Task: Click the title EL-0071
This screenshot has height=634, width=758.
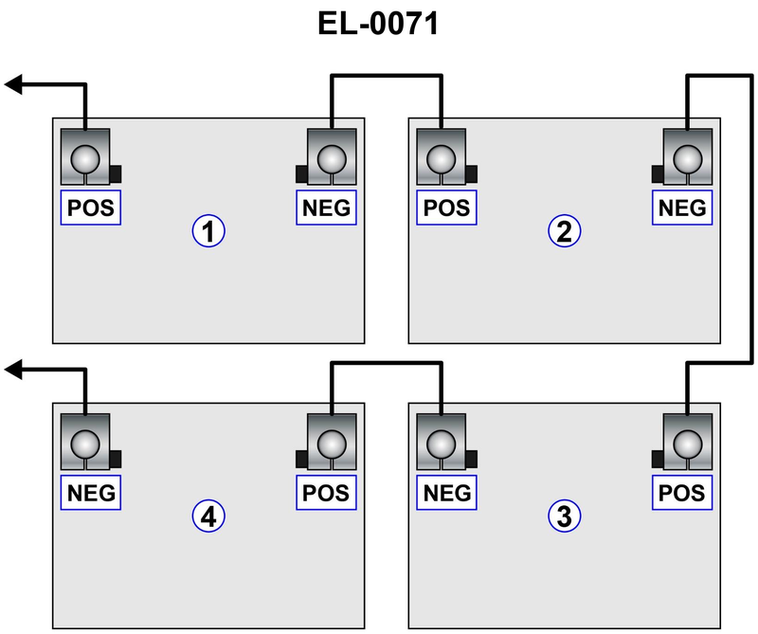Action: pyautogui.click(x=378, y=25)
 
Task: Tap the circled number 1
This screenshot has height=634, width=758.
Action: pyautogui.click(x=208, y=230)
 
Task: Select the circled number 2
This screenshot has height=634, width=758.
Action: pyautogui.click(x=564, y=230)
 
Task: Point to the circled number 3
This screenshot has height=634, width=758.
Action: pyautogui.click(x=564, y=516)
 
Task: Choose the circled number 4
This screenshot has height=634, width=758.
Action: pyautogui.click(x=208, y=516)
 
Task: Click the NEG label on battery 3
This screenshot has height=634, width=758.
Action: pyautogui.click(x=447, y=493)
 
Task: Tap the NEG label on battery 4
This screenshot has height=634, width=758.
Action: pyautogui.click(x=92, y=493)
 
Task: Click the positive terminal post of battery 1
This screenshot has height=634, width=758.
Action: pyautogui.click(x=85, y=157)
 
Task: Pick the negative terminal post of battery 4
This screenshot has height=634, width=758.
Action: pyautogui.click(x=85, y=443)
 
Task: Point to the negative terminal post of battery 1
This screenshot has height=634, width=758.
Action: pyautogui.click(x=332, y=157)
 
